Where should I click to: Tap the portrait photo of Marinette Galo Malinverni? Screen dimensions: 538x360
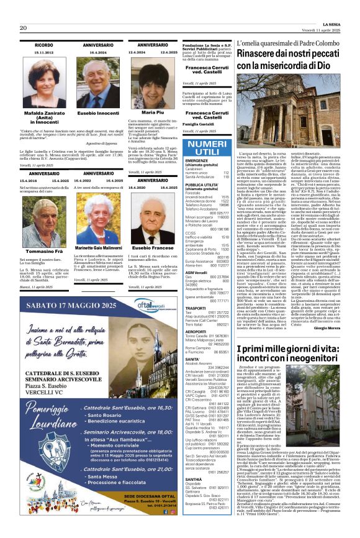point(98,213)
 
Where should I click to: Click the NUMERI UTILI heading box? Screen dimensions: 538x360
point(207,148)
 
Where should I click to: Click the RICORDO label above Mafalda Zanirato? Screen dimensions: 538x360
point(44,46)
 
